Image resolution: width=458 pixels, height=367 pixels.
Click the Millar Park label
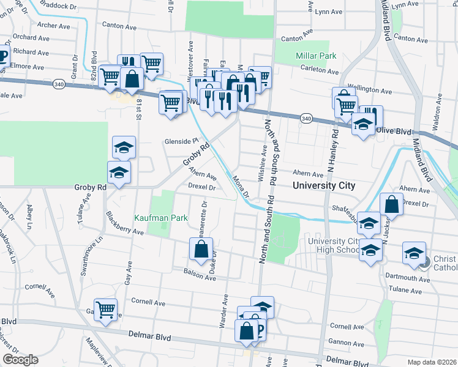316,56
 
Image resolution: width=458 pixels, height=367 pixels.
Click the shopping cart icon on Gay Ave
105,311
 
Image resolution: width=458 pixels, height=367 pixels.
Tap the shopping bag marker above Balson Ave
201,249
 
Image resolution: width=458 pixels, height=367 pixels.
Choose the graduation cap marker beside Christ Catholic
414,254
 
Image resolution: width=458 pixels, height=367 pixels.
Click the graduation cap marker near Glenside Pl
124,148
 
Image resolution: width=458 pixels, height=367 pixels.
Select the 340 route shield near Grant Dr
58,84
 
